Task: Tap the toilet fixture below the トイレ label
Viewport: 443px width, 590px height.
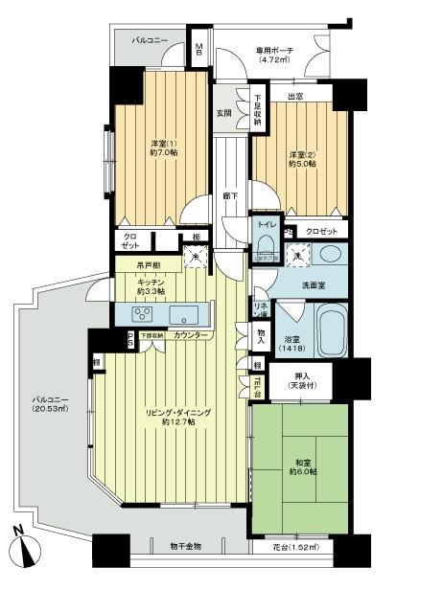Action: coord(268,248)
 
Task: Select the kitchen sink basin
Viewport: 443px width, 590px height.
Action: coord(184,314)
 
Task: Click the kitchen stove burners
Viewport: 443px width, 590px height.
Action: coord(142,314)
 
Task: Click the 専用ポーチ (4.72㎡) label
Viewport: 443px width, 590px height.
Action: coord(280,57)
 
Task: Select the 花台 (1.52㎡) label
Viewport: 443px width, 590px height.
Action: coord(294,546)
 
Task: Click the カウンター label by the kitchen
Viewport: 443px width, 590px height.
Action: coord(193,336)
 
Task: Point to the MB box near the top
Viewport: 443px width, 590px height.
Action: coord(199,50)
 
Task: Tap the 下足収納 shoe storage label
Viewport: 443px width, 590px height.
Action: coord(258,108)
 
